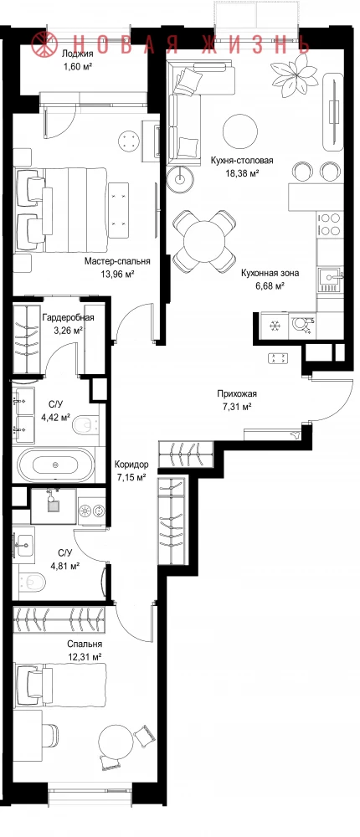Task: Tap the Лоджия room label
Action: click(x=78, y=53)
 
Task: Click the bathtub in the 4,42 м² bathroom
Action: click(x=55, y=465)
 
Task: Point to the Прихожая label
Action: click(x=237, y=394)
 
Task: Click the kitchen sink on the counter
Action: click(x=329, y=280)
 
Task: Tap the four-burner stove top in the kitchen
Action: click(x=329, y=224)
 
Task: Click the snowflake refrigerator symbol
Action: click(x=275, y=326)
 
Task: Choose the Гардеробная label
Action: click(x=68, y=317)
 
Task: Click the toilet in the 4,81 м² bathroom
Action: click(x=31, y=581)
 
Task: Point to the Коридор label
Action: click(x=131, y=465)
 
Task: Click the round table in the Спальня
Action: click(x=116, y=740)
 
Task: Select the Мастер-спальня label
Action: click(x=117, y=261)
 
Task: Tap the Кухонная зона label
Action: click(x=270, y=274)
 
